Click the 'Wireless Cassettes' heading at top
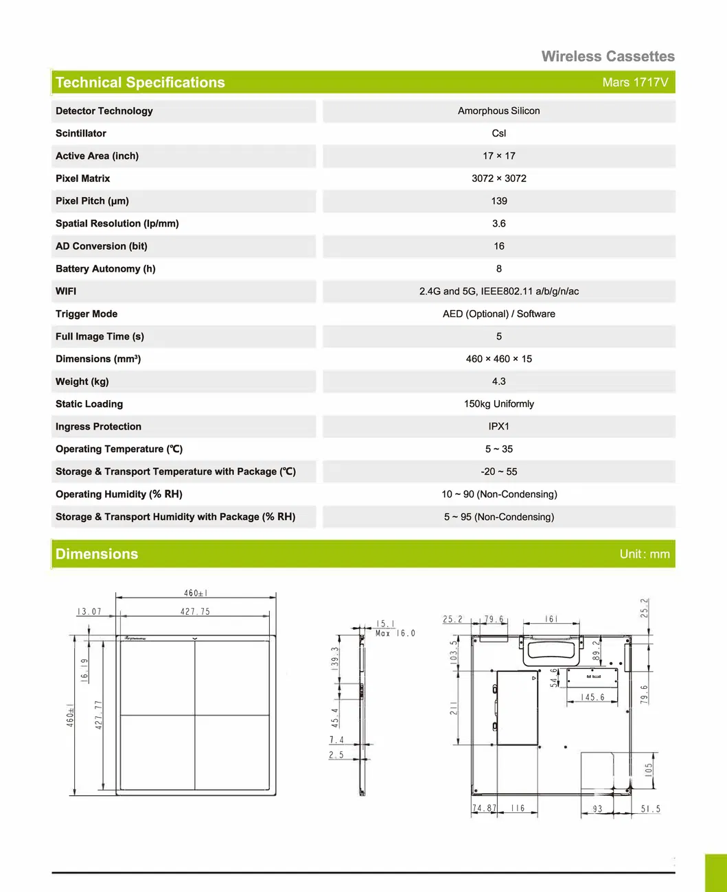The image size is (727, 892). click(x=608, y=56)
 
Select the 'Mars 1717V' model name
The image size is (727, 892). click(x=634, y=82)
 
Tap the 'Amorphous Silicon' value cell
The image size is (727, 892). click(x=498, y=111)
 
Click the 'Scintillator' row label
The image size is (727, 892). click(x=81, y=133)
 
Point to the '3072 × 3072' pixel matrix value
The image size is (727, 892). click(x=498, y=178)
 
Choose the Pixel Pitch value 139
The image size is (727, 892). click(x=498, y=201)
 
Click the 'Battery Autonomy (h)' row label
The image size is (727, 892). click(x=106, y=269)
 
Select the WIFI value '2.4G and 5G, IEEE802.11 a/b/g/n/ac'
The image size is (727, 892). click(x=498, y=292)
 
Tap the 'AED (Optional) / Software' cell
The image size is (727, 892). click(x=498, y=314)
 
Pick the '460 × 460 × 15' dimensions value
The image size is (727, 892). click(x=498, y=359)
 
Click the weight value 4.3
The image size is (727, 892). click(x=498, y=382)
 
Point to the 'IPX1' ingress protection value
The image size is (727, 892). click(x=498, y=427)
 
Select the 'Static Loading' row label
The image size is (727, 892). click(x=89, y=404)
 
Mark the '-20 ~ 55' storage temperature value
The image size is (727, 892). click(x=498, y=472)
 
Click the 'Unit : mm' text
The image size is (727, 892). click(x=644, y=554)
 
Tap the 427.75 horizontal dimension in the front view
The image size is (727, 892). click(x=195, y=611)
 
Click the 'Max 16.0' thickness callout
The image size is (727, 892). click(x=395, y=633)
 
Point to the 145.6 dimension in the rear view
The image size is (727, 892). click(x=592, y=697)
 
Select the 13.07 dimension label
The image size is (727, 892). click(x=89, y=611)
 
